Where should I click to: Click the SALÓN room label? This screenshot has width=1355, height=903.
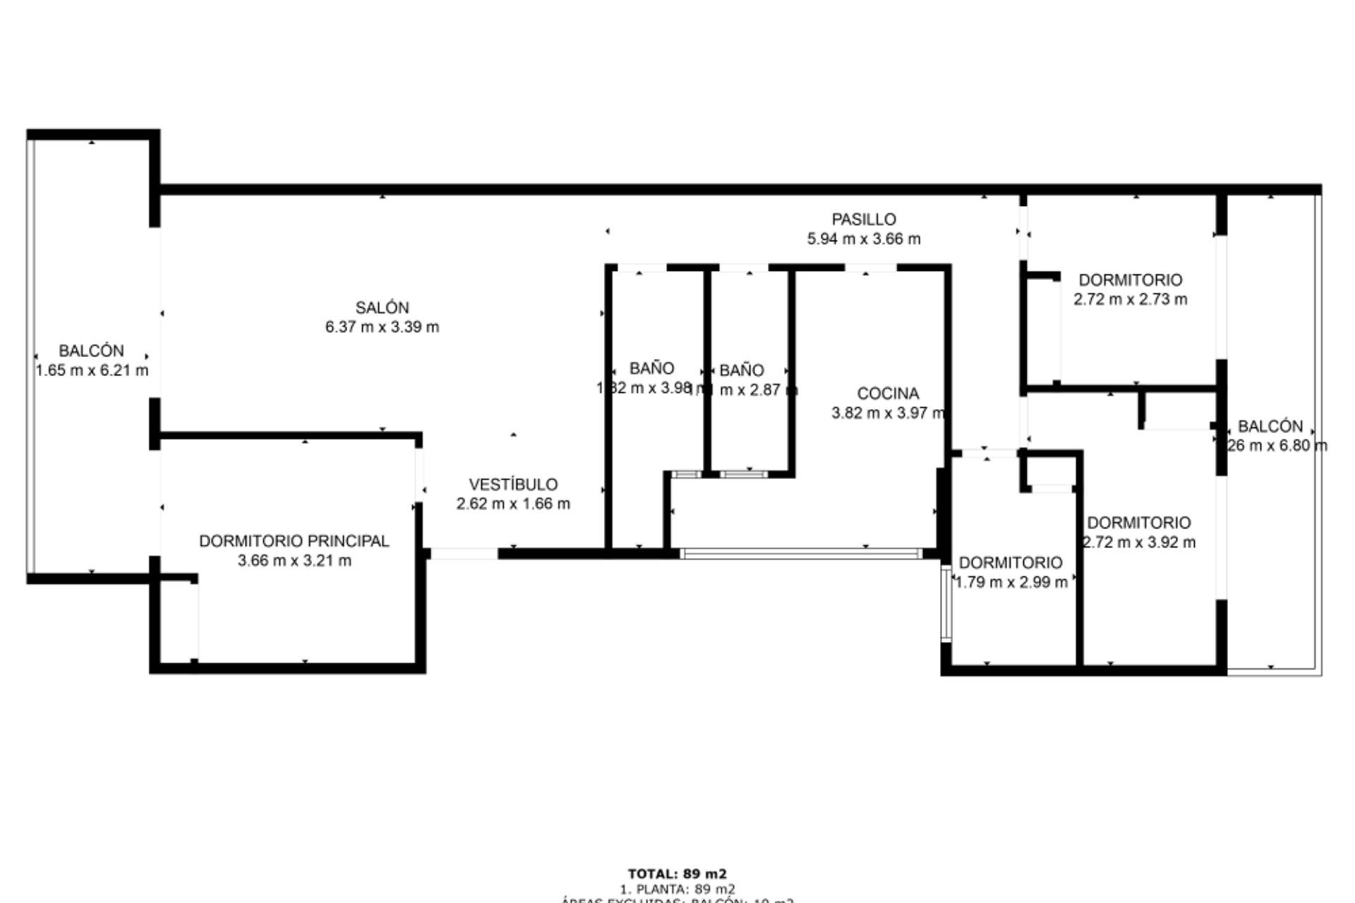(382, 308)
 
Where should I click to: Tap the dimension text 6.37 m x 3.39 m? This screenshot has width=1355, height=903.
(382, 327)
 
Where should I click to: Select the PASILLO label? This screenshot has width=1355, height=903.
(863, 219)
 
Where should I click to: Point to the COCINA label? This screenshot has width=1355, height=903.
(888, 394)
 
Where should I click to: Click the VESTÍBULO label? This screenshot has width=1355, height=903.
(513, 485)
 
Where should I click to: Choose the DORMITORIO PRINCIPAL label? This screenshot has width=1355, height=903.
(294, 541)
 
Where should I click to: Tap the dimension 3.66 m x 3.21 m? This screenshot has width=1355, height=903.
(294, 561)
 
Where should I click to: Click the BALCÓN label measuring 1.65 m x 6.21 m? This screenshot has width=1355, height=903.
(91, 351)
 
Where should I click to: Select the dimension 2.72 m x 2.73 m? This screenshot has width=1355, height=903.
(1130, 299)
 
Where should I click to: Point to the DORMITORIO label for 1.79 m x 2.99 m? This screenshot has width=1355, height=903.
(1010, 563)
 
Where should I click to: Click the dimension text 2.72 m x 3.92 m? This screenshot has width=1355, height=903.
(1139, 543)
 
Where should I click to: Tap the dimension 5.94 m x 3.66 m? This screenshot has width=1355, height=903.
(863, 239)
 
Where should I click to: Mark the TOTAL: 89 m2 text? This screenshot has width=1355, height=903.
(677, 874)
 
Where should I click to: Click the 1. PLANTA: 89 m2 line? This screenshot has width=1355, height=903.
(677, 889)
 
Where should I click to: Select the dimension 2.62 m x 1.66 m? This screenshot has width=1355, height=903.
(513, 504)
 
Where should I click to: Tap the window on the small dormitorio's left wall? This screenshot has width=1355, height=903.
(946, 604)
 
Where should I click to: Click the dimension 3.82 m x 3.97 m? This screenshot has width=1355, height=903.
(888, 413)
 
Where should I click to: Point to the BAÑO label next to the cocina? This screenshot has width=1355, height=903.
(741, 370)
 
